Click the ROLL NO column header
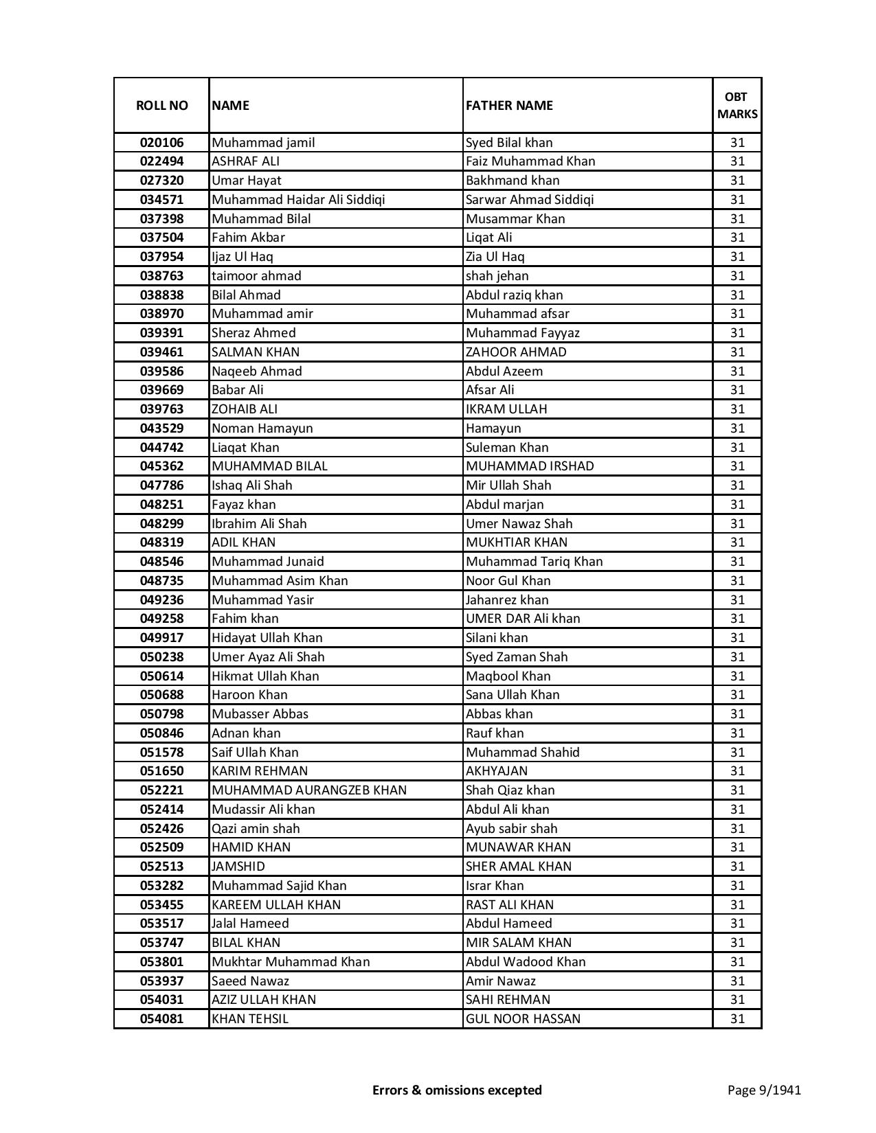[x=161, y=105]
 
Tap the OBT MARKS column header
[x=737, y=105]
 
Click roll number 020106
[x=161, y=143]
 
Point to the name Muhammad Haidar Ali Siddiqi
[x=298, y=200]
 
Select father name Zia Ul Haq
[x=495, y=257]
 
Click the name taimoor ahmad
[x=256, y=276]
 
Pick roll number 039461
[x=161, y=352]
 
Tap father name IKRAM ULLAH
[x=506, y=409]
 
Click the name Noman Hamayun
[x=262, y=428]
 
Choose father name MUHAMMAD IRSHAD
[x=530, y=466]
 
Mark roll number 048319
[x=161, y=542]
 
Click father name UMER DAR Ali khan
[x=523, y=619]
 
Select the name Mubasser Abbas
[x=260, y=714]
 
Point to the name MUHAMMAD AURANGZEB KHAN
[x=309, y=790]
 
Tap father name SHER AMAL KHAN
[x=519, y=867]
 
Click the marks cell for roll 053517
[x=737, y=924]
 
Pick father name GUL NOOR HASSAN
[x=523, y=1019]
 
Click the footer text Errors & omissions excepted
[x=457, y=1090]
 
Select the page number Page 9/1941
[x=764, y=1090]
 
